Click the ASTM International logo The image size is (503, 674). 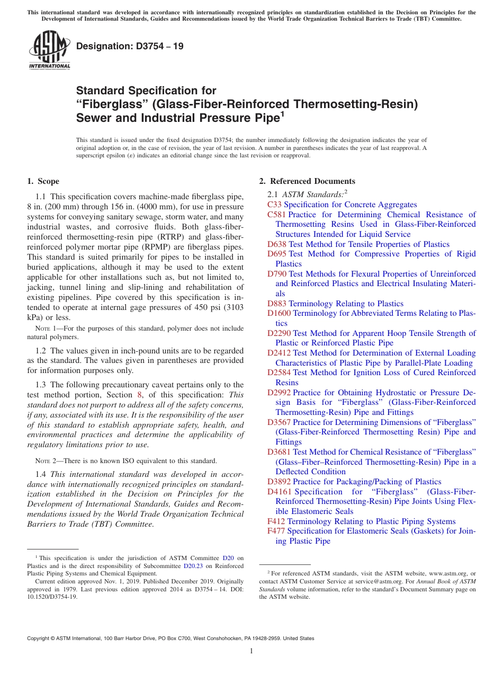pos(49,51)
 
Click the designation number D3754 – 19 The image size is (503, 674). pos(130,46)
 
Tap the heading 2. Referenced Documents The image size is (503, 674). pos(307,181)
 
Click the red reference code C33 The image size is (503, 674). pos(274,205)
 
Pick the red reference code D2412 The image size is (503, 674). pos(279,353)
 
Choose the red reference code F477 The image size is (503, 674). pos(276,531)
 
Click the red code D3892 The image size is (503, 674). pos(279,482)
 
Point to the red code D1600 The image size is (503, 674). pos(279,313)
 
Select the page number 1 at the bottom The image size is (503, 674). pos(251,651)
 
